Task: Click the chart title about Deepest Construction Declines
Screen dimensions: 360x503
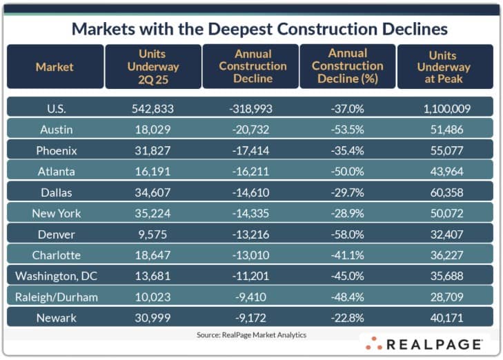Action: (259, 30)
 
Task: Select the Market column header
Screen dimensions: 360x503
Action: (55, 67)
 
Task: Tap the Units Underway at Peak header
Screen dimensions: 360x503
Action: (444, 67)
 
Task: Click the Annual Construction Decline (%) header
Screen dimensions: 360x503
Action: (347, 67)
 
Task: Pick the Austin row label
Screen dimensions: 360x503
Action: (56, 129)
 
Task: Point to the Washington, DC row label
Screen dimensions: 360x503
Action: (56, 276)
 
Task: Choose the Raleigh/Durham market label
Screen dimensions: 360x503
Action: (56, 297)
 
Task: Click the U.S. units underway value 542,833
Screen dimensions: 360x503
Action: (154, 108)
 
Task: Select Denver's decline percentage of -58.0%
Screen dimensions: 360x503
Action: (347, 234)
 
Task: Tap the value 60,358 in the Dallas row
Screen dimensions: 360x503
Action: (444, 192)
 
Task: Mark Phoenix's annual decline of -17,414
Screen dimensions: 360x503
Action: (250, 150)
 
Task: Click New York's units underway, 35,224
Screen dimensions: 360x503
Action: (154, 213)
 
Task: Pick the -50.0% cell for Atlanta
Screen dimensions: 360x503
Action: (347, 171)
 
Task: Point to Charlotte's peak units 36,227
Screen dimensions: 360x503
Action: (444, 255)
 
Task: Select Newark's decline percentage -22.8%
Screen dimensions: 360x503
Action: (347, 317)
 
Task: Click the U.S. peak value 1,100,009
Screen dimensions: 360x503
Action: (444, 108)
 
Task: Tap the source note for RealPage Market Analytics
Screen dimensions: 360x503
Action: (251, 334)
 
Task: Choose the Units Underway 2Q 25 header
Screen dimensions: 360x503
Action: (154, 67)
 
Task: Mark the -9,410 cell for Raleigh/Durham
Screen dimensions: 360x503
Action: (250, 297)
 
